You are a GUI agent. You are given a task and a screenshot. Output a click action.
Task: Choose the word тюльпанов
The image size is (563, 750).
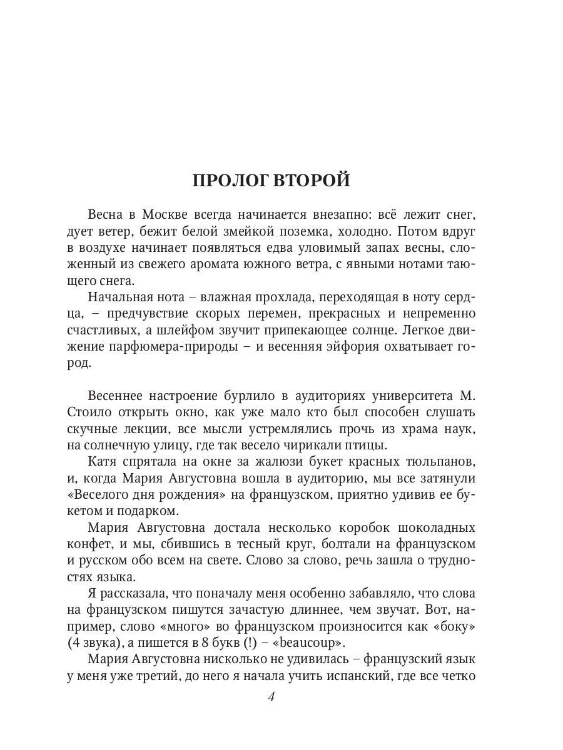tap(434, 461)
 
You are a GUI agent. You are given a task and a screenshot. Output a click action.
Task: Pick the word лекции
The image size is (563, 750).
tap(160, 429)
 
